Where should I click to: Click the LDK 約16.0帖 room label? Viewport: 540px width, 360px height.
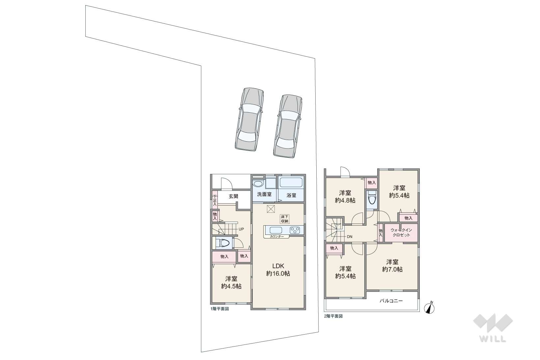(278, 270)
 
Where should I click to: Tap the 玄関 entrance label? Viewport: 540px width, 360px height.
(233, 196)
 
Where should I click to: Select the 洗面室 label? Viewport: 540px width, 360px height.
(264, 194)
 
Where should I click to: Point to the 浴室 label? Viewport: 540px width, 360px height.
(291, 195)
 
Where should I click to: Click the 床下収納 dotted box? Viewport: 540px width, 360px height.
(284, 219)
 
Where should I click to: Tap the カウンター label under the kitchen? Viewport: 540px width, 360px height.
(277, 236)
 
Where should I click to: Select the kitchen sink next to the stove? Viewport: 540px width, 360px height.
(276, 230)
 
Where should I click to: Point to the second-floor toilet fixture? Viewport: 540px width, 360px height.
(372, 198)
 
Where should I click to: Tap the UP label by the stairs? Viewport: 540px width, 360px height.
(241, 229)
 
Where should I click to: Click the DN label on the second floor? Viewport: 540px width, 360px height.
(350, 236)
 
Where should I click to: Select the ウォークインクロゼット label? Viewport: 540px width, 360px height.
(401, 233)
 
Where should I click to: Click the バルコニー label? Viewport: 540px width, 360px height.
(391, 301)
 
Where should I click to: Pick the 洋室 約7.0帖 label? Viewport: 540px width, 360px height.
(392, 265)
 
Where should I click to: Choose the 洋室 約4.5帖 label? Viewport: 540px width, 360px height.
(231, 282)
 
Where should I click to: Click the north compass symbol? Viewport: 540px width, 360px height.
(429, 308)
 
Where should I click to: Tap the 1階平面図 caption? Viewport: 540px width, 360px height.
(220, 309)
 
